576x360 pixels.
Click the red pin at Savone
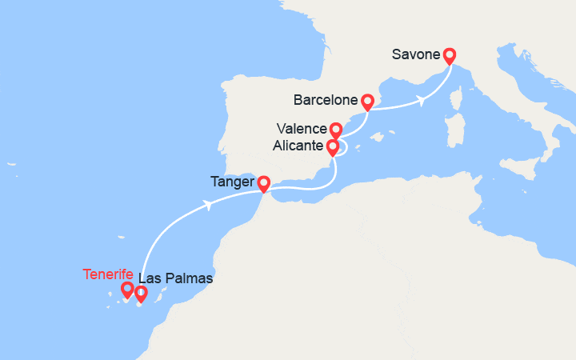point(450,55)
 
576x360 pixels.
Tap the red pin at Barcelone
point(367,102)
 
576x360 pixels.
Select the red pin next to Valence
point(336,130)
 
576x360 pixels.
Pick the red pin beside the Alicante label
point(332,146)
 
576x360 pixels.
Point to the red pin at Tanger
point(263,183)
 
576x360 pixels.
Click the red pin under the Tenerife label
point(126,289)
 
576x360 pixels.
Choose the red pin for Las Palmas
point(142,294)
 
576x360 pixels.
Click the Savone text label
point(416,55)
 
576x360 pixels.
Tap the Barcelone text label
point(325,102)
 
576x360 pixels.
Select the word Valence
point(302,130)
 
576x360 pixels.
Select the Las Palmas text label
point(175,279)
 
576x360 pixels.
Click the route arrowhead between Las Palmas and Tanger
point(209,205)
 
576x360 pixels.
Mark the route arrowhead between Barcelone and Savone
point(419,102)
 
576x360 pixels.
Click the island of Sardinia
point(458,131)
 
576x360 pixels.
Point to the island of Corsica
point(459,102)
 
